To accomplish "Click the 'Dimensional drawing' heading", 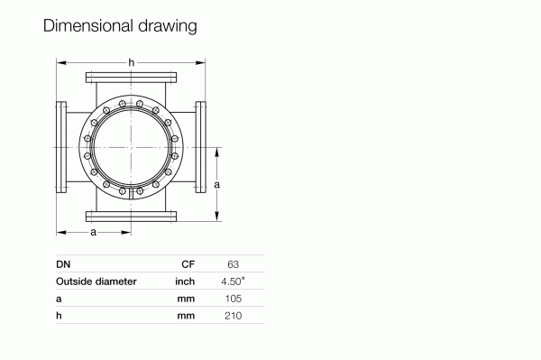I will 119,26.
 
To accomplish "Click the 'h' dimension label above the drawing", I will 132,61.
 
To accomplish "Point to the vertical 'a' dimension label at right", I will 217,184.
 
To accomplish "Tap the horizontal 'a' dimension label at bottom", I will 93,234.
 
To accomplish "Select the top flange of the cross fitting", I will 131,76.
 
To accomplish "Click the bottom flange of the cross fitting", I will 131,216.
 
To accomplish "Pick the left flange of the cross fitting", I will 61,146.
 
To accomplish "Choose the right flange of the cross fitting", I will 200,146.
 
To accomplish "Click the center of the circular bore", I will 131,146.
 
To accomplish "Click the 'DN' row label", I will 63,264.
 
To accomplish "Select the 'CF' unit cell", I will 188,264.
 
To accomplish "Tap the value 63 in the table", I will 233,264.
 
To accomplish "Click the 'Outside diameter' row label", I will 96,282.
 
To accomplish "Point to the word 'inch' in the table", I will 185,282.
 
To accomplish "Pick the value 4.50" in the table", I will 234,282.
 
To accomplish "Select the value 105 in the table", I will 233,299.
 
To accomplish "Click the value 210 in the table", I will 233,316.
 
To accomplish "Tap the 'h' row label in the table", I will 59,316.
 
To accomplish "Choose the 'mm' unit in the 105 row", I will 187,299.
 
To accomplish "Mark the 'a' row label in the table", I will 59,299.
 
